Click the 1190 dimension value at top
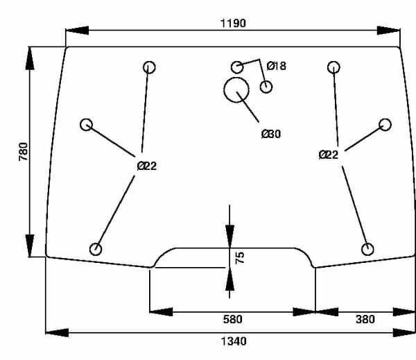coord(233,22)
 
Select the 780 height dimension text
coord(22,152)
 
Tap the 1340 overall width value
coord(233,341)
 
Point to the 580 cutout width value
coord(233,320)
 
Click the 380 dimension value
coord(365,320)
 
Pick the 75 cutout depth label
coord(241,258)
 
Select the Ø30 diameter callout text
coord(271,134)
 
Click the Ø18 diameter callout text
coord(277,66)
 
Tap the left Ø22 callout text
coord(147,166)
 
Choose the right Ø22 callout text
coord(329,155)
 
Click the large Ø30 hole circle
coord(237,89)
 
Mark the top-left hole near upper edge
coord(149,67)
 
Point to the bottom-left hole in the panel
coord(96,249)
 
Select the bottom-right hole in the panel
coord(368,249)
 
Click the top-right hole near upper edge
coord(334,67)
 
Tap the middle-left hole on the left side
coord(87,124)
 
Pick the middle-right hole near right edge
coord(385,124)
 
